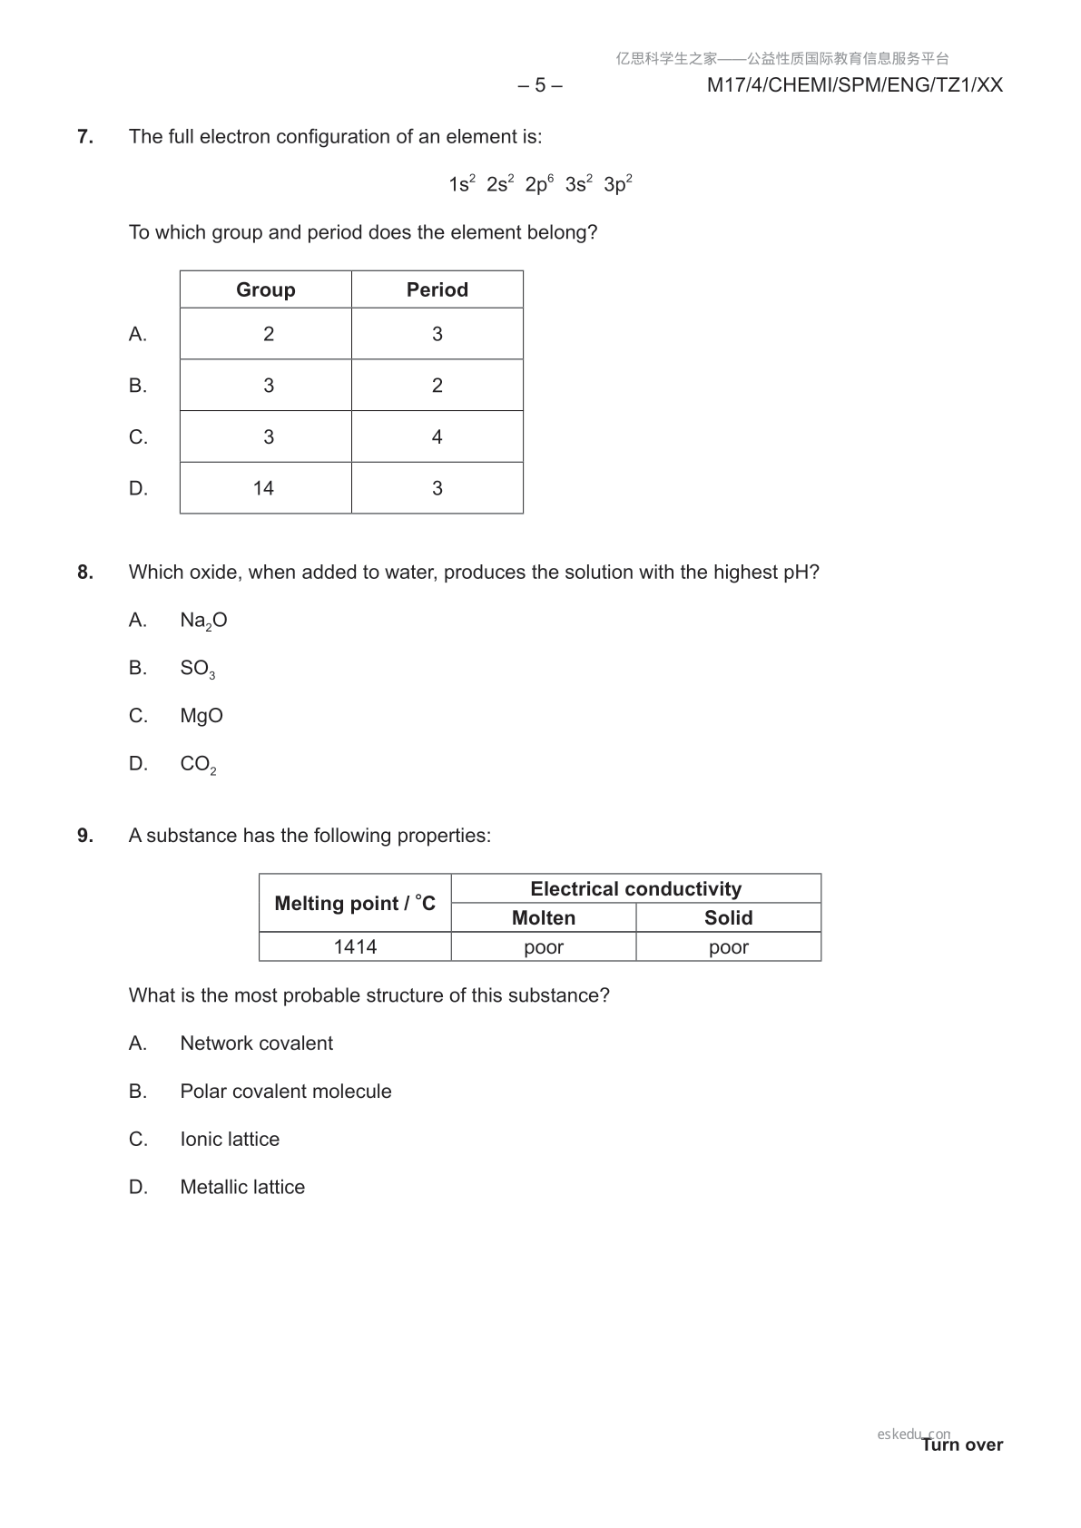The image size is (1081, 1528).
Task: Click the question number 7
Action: [84, 137]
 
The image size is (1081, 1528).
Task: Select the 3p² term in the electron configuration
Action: [617, 184]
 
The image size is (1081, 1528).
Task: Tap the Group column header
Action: [265, 289]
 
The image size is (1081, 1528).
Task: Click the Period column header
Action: [437, 289]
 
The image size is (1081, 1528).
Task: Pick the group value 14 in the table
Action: [263, 488]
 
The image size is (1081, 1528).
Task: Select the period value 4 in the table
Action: [437, 437]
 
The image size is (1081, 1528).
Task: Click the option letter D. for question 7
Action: [138, 488]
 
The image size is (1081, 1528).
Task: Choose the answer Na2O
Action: [203, 621]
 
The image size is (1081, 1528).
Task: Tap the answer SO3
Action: [197, 669]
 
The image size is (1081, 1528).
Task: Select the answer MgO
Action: [201, 716]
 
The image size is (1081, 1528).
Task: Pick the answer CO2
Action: [198, 764]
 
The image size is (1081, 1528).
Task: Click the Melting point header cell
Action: [355, 903]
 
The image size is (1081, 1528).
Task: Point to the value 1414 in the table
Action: [355, 947]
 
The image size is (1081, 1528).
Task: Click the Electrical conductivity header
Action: [635, 889]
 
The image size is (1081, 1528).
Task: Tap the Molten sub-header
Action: [543, 918]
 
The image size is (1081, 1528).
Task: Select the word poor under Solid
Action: [728, 947]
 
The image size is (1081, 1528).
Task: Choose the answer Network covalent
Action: [256, 1043]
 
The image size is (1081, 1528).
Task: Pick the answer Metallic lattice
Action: [242, 1187]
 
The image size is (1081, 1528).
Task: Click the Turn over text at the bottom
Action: [962, 1445]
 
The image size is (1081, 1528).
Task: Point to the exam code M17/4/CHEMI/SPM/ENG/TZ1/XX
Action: [854, 85]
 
